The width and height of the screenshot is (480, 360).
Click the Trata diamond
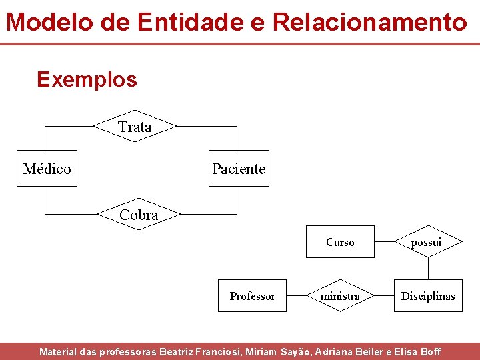point(135,127)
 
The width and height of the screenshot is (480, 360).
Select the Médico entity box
point(47,169)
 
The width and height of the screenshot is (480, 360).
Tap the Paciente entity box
point(239,169)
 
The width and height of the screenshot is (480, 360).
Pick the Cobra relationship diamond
point(139,215)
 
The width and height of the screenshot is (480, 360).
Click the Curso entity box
point(340,242)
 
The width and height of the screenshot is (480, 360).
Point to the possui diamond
point(427,242)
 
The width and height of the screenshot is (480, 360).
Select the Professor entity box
point(253,296)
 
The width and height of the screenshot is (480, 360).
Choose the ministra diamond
point(340,296)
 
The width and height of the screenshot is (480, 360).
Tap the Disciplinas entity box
point(428,296)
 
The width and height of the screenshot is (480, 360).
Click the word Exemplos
point(87,79)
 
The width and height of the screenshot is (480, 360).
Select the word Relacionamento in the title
point(370,22)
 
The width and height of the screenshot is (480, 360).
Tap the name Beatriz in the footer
point(179,351)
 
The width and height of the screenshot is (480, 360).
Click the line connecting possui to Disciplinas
point(428,268)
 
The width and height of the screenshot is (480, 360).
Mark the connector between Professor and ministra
point(297,295)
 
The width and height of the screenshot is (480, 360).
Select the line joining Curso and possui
point(384,242)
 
